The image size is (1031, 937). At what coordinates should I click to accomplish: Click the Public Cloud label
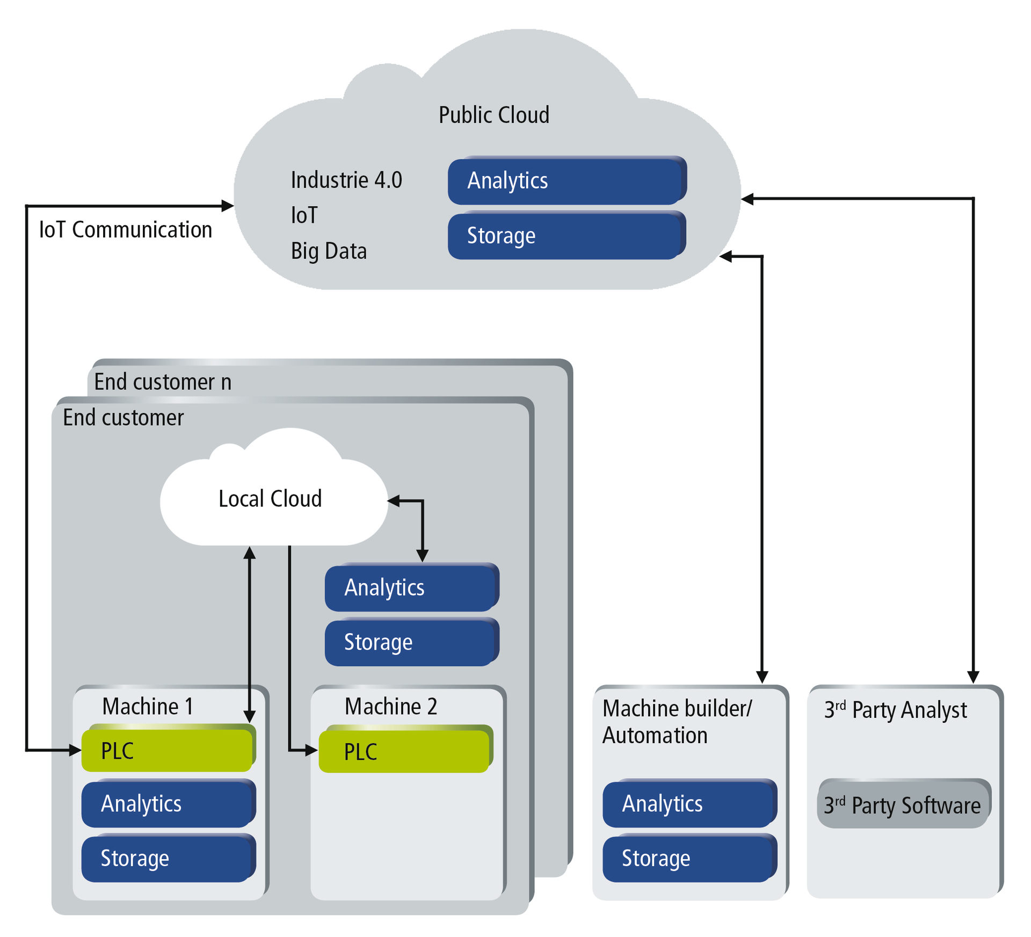tap(493, 115)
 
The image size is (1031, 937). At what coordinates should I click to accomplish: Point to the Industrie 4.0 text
tap(346, 180)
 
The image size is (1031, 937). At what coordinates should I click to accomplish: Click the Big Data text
tap(329, 251)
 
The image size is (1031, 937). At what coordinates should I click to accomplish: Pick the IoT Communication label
tap(126, 230)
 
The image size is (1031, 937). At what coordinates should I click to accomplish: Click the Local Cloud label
tap(270, 499)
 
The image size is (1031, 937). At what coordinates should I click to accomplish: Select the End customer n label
tap(163, 382)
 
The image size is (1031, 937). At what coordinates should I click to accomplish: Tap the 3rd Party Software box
tap(903, 805)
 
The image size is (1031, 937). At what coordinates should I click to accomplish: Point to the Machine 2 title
tap(390, 706)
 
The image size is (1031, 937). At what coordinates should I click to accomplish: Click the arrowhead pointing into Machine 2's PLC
tap(312, 751)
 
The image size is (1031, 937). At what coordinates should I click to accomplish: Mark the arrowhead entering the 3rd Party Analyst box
tap(973, 678)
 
